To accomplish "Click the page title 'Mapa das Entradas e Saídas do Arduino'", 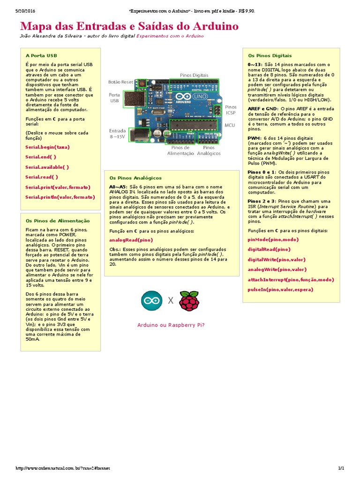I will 129,26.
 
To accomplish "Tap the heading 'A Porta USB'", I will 41,55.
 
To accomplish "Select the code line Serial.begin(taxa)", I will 47,147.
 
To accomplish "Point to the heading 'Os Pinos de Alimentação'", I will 57,220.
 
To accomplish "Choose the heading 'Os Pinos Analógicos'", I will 135,178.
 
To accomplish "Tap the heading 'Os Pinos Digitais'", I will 270,55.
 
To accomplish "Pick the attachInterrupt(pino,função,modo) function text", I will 291,279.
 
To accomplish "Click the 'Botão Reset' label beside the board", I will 120,82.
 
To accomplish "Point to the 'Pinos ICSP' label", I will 231,110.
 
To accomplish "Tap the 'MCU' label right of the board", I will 230,125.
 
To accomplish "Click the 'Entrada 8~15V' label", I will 117,134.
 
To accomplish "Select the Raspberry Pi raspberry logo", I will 189,300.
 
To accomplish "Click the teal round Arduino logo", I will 152,300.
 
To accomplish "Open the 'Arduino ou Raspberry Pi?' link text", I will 171,325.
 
